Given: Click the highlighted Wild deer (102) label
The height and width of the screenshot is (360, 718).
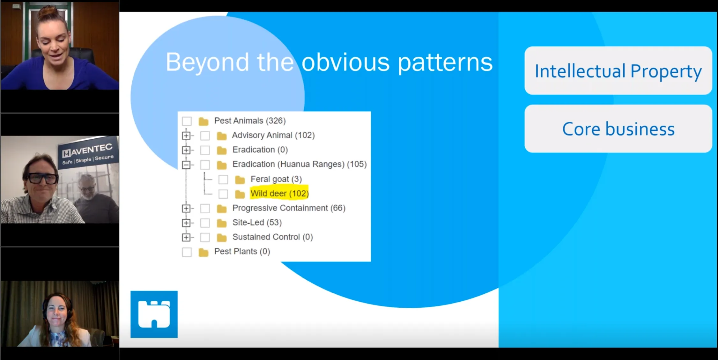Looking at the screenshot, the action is pyautogui.click(x=279, y=194).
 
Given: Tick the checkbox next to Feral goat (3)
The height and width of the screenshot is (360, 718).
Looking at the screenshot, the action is pyautogui.click(x=223, y=180).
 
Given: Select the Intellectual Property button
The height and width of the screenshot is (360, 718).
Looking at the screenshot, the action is pyautogui.click(x=618, y=71).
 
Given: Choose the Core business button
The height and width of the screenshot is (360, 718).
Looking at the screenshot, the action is pyautogui.click(x=618, y=129).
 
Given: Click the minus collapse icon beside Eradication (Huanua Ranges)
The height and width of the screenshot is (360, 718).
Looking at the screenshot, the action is pyautogui.click(x=186, y=165).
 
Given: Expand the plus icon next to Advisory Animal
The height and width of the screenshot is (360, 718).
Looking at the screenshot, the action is pyautogui.click(x=186, y=136).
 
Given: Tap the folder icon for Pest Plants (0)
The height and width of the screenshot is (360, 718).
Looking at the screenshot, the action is pyautogui.click(x=203, y=252).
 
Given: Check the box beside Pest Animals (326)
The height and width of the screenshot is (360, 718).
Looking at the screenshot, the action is pyautogui.click(x=187, y=121).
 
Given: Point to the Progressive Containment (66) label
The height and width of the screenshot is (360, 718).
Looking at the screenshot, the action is pyautogui.click(x=289, y=208).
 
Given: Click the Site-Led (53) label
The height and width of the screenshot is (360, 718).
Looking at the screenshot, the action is pyautogui.click(x=257, y=222).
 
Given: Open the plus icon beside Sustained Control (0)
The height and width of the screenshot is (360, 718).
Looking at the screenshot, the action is pyautogui.click(x=186, y=237).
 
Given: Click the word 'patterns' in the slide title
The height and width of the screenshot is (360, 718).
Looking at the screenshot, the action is pyautogui.click(x=445, y=62).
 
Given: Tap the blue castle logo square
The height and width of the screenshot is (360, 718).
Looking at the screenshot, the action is pyautogui.click(x=154, y=314).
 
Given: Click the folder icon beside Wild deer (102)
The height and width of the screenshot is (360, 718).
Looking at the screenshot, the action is pyautogui.click(x=240, y=194).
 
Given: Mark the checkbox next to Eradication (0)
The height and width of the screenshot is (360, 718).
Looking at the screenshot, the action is pyautogui.click(x=205, y=150).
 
